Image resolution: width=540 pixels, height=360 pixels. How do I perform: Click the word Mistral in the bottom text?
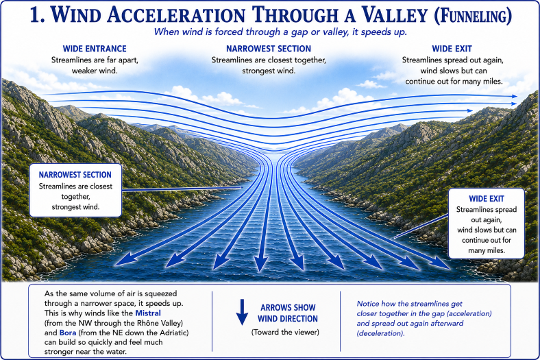point(148,313)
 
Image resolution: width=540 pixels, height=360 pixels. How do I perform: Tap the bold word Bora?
point(67,333)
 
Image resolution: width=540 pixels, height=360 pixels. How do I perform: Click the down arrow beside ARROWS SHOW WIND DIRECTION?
point(242,312)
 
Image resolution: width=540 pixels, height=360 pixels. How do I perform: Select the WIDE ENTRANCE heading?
point(95,49)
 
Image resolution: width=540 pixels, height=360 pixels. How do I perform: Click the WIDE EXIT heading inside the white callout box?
point(487,199)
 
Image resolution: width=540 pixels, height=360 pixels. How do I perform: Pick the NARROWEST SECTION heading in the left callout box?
point(75,175)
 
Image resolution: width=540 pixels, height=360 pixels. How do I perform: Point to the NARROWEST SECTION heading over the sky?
point(269,49)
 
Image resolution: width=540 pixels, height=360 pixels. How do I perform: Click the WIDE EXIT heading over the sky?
point(452,49)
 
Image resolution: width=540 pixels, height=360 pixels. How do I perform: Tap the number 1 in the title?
point(37,16)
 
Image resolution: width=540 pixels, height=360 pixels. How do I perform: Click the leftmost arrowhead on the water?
point(124,260)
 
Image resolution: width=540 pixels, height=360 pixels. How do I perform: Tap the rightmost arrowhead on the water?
point(443,263)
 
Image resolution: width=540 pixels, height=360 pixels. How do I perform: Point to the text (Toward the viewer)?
point(285,332)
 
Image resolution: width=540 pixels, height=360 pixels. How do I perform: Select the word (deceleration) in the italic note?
point(380,333)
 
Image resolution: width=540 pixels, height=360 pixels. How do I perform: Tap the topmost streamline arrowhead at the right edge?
point(514,97)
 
